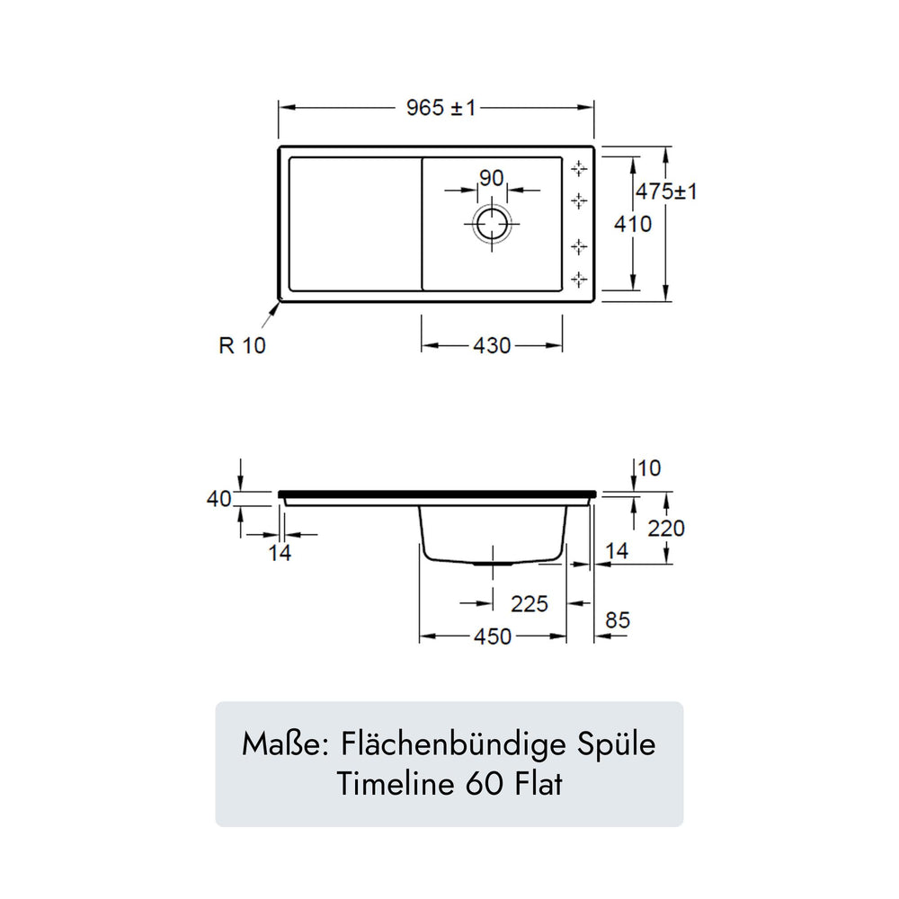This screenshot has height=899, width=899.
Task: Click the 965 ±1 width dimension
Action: (441, 107)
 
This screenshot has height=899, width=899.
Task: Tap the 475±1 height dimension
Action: (666, 191)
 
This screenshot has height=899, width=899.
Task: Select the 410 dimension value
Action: (633, 224)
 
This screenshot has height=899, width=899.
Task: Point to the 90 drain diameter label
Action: (492, 178)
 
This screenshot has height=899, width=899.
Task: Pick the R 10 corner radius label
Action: (242, 346)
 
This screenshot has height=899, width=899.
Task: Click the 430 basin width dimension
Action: (492, 346)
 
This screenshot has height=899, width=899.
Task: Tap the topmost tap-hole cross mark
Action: (579, 169)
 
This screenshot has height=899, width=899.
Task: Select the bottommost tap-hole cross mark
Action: (579, 280)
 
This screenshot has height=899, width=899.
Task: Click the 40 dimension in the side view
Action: (219, 499)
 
